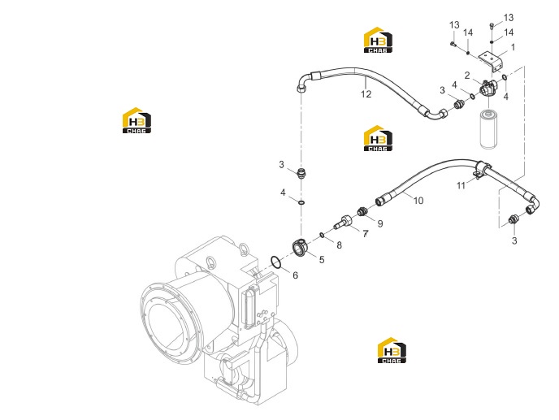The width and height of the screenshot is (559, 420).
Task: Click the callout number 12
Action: (366, 94)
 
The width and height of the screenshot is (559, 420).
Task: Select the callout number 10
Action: (418, 201)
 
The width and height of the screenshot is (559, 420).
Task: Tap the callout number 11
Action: (461, 186)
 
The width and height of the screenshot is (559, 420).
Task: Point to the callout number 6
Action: (295, 275)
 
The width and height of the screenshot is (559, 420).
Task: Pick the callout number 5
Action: (322, 260)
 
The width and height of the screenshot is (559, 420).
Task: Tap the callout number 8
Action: (339, 245)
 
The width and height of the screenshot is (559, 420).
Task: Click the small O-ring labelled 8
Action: (322, 235)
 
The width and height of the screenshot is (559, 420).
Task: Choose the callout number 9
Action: (380, 223)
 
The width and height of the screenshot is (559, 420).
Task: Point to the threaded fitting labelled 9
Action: (362, 211)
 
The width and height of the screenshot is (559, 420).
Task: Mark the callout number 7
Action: (366, 234)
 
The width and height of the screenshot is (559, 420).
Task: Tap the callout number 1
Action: (513, 47)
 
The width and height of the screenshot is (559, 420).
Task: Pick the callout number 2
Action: (467, 76)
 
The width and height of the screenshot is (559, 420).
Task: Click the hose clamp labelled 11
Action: (481, 169)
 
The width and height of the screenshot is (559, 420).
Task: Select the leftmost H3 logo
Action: (136, 120)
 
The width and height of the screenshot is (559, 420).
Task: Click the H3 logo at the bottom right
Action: (392, 350)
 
